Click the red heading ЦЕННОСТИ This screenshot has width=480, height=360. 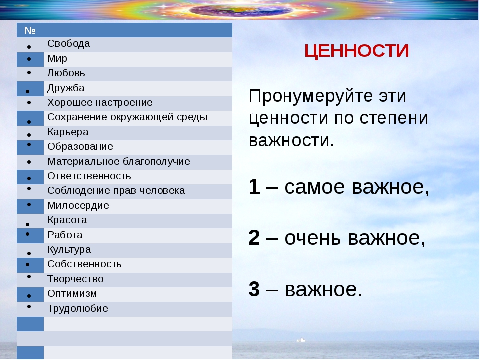[356, 51]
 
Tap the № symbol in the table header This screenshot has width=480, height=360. [30, 30]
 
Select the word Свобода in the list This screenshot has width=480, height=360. [69, 44]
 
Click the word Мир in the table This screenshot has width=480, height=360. [57, 59]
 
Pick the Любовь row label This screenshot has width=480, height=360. [66, 73]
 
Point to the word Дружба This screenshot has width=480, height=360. [66, 88]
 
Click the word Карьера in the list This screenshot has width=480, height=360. [68, 132]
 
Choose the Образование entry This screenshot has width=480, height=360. [80, 146]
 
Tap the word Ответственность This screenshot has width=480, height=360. [89, 176]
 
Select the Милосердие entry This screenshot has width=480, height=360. [78, 205]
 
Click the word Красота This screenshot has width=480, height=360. [67, 220]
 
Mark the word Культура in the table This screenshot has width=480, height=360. [69, 250]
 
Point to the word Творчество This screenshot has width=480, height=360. [75, 279]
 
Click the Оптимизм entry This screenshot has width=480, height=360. [72, 293]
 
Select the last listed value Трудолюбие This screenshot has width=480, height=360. [78, 308]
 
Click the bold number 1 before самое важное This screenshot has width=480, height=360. [254, 186]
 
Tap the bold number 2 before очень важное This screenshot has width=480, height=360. [254, 237]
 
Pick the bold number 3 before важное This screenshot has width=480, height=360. [254, 289]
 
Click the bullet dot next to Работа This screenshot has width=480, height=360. [28, 234]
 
